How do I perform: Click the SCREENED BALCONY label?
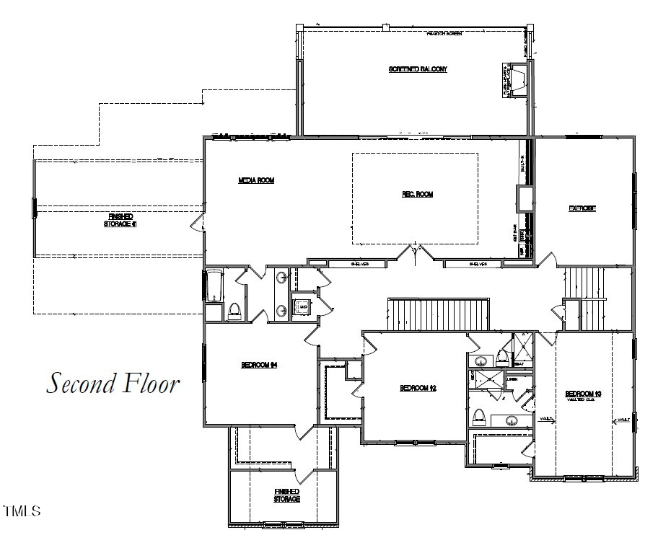click(418, 69)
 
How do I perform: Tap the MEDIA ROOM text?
click(256, 180)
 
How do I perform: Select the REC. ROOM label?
click(417, 194)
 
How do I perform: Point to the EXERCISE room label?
click(582, 208)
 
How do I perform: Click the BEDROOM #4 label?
click(259, 365)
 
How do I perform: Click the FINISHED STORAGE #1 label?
click(121, 220)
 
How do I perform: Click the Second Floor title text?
click(113, 383)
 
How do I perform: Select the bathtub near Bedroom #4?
click(214, 286)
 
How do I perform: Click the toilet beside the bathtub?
click(234, 311)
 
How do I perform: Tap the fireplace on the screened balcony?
click(517, 80)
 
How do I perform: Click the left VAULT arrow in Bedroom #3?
click(546, 419)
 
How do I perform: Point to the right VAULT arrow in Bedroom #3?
click(621, 419)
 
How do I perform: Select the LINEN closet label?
click(512, 379)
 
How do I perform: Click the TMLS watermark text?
click(22, 512)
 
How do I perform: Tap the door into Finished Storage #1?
click(195, 224)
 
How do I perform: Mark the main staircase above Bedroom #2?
click(439, 314)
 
